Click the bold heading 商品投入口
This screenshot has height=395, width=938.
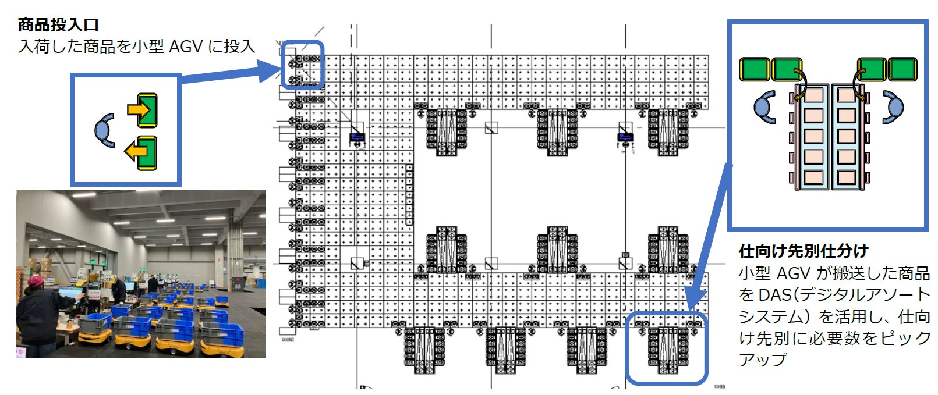[58, 24]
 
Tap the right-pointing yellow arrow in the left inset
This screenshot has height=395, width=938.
[140, 109]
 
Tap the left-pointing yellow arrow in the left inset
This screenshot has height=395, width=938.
[137, 152]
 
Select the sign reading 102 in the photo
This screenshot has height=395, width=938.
[81, 279]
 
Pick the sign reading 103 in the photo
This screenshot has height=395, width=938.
[108, 280]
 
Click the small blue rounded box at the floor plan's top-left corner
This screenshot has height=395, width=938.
[302, 65]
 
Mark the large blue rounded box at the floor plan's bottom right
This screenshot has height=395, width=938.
[667, 348]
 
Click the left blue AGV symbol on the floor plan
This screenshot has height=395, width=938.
[357, 138]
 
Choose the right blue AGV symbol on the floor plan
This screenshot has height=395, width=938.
[625, 138]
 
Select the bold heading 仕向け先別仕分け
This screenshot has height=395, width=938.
[804, 251]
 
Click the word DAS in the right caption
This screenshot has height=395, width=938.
[775, 295]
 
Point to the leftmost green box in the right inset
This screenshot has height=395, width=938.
[755, 69]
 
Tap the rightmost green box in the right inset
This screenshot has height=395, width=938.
[902, 69]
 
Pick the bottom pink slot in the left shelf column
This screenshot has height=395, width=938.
[813, 176]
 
